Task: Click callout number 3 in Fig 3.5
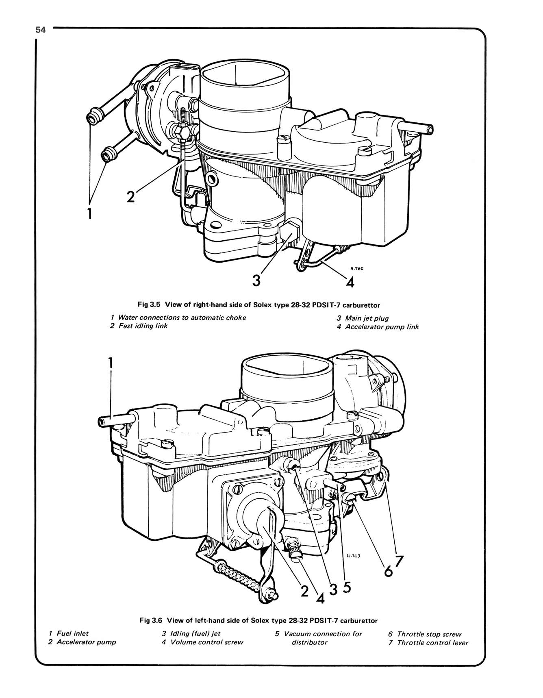(x=256, y=281)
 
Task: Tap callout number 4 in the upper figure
(x=350, y=282)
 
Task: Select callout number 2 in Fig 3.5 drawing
(x=130, y=197)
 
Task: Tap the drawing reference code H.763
(x=354, y=557)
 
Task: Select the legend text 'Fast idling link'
(x=143, y=326)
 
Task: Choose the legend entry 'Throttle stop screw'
(x=429, y=634)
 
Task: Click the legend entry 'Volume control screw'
(x=206, y=642)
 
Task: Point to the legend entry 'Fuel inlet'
(x=72, y=633)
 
